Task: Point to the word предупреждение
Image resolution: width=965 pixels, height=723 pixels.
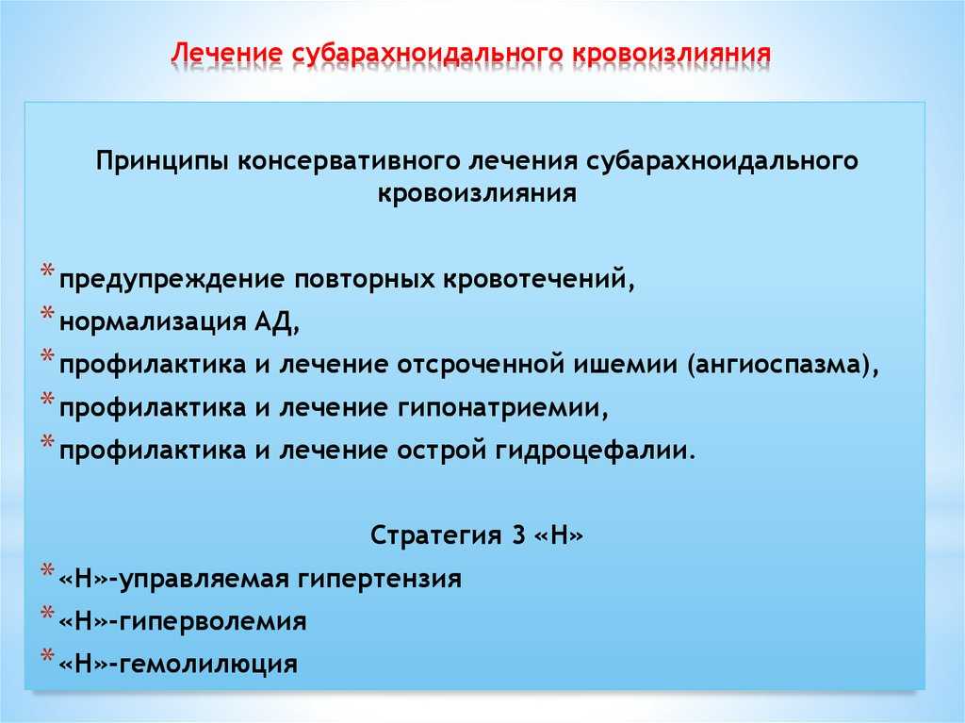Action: click(x=172, y=280)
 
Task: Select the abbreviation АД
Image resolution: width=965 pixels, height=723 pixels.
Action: click(x=276, y=322)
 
